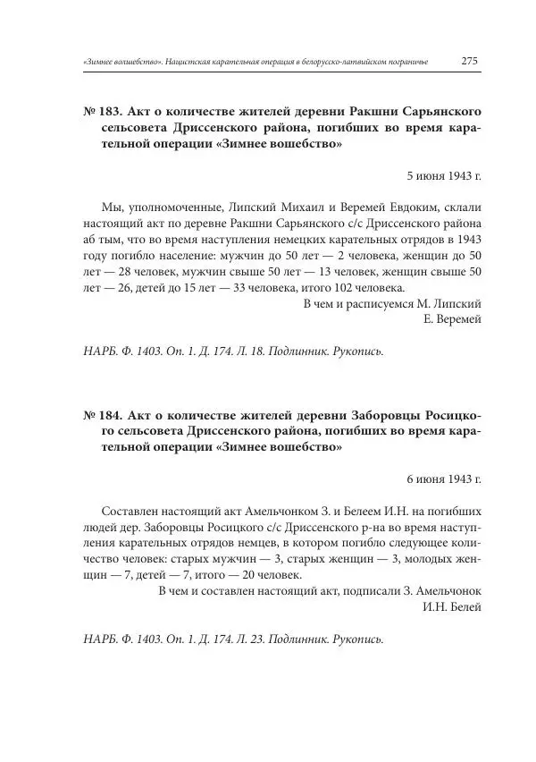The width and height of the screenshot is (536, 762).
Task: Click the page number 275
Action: (471, 62)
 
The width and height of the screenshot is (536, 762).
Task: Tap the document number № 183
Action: (103, 112)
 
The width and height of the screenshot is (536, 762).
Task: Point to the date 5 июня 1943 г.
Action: (444, 176)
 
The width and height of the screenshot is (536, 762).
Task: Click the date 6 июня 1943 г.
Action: (444, 479)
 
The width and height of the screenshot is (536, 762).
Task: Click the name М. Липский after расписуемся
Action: (453, 303)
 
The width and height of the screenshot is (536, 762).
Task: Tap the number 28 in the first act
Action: (117, 271)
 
